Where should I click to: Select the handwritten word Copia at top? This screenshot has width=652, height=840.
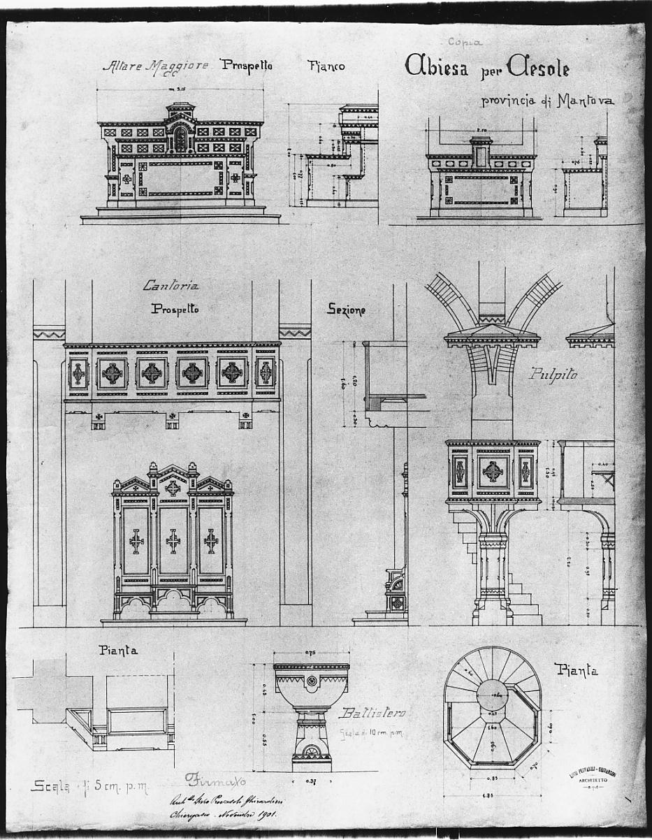(x=465, y=42)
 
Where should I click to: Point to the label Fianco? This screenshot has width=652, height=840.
(x=326, y=66)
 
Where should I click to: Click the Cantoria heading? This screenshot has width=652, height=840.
(x=171, y=285)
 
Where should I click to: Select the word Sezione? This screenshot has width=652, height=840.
(x=346, y=309)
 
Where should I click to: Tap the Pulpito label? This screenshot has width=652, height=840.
(x=553, y=374)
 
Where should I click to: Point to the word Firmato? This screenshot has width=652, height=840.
(x=217, y=779)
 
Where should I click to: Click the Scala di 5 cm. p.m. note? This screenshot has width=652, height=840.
(x=88, y=785)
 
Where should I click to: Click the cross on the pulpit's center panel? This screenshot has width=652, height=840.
(x=493, y=472)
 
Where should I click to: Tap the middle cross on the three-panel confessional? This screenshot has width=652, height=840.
(x=173, y=540)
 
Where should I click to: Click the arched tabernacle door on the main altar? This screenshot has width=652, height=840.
(x=180, y=140)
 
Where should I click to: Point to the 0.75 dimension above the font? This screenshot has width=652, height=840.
(x=312, y=654)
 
